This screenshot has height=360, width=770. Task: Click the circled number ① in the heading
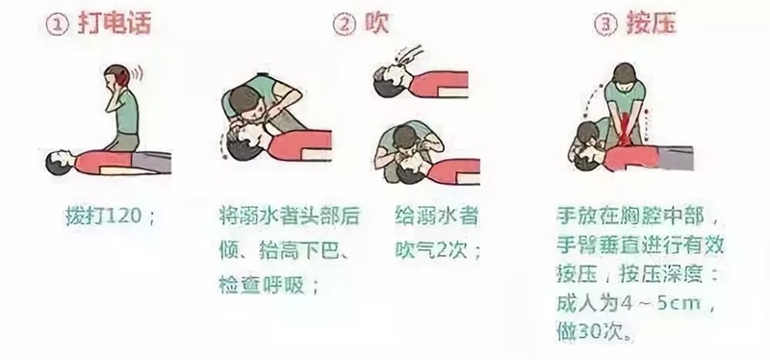(59, 25)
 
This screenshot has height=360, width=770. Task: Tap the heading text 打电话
(114, 23)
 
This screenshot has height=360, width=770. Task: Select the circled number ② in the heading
(345, 25)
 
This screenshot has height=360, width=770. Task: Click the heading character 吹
(376, 23)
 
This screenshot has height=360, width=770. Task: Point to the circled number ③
(605, 25)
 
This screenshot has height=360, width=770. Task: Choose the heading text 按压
(652, 23)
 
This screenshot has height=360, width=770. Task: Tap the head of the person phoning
(116, 78)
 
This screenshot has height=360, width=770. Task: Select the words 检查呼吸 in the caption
(262, 285)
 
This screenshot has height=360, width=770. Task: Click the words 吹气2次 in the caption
(430, 250)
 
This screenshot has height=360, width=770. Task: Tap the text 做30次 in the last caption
(591, 331)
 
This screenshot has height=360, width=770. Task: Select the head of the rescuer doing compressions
(624, 74)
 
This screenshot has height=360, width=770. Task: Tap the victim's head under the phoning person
(57, 162)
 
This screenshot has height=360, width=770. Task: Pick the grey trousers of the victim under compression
(676, 158)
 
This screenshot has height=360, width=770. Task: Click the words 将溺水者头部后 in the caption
(290, 217)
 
